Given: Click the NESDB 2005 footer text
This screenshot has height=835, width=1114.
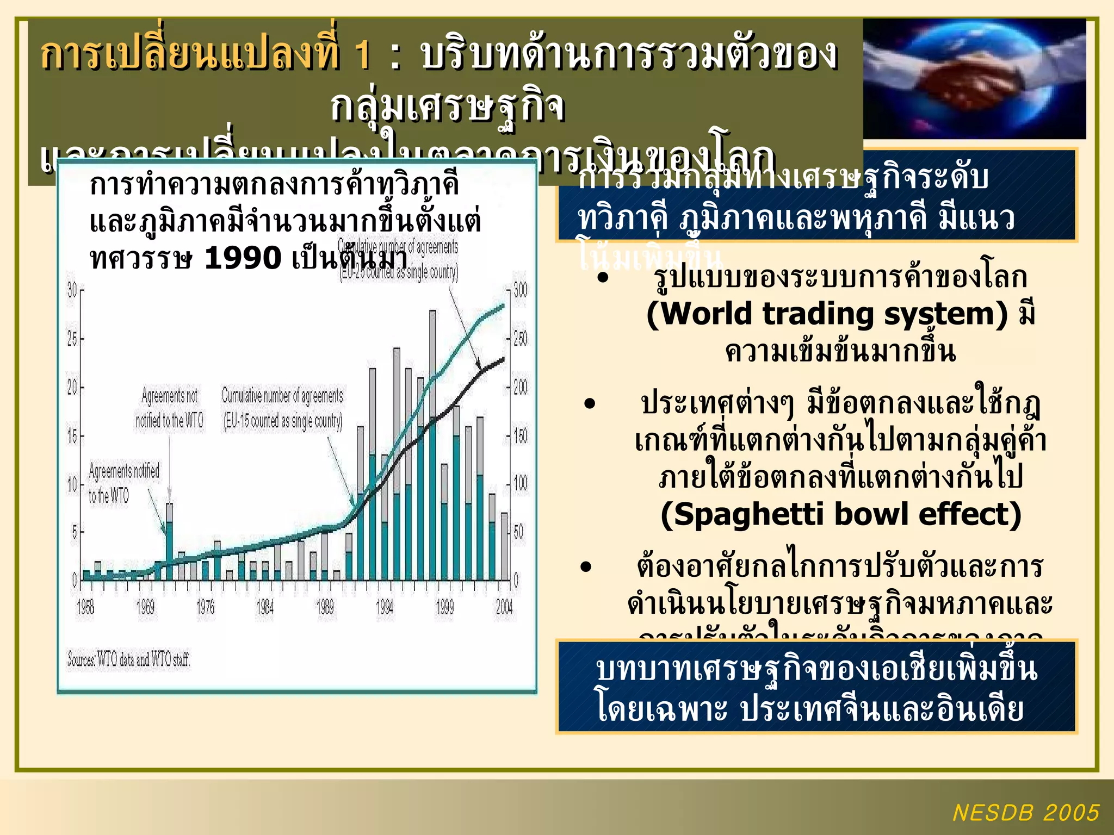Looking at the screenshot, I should click(1026, 813).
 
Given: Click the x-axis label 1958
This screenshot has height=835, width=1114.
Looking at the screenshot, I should click(85, 607).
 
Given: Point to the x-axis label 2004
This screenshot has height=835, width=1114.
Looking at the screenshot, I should click(504, 607).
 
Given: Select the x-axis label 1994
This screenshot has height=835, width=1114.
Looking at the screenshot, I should click(385, 607).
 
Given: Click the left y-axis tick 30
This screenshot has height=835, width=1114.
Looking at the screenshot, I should click(72, 290).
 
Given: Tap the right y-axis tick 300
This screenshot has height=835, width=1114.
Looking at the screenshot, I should click(521, 290).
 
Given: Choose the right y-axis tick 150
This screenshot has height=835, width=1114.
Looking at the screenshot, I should click(521, 435).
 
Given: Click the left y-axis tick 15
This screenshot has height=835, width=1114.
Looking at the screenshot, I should click(72, 435).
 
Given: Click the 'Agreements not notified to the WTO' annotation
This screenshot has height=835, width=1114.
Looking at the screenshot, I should click(170, 408).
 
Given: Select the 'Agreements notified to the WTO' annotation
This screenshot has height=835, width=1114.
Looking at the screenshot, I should click(124, 483).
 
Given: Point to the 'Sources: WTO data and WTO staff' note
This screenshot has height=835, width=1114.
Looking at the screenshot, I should click(128, 659).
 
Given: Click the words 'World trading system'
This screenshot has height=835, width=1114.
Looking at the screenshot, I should click(827, 314).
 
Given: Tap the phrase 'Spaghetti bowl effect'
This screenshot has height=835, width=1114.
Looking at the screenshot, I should click(840, 514).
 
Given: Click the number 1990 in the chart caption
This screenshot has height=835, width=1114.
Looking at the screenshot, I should click(243, 258).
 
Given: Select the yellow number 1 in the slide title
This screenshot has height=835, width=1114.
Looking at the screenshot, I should click(362, 54).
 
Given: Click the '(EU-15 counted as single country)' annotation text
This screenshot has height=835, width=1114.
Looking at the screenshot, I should click(283, 420).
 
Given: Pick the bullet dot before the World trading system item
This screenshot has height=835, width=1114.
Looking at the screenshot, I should click(602, 278).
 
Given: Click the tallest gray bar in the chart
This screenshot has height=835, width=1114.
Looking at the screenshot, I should click(432, 364).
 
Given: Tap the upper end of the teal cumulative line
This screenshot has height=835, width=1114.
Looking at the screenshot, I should click(503, 306).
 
